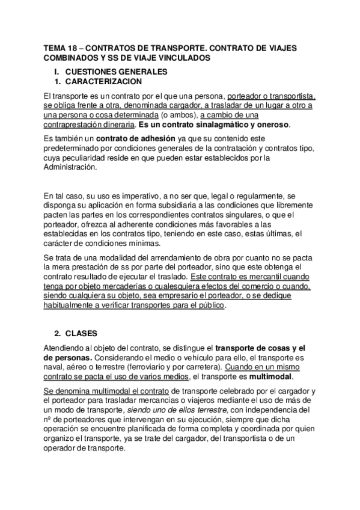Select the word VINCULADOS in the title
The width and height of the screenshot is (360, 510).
pyautogui.click(x=183, y=58)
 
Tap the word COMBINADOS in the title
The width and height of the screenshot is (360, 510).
pyautogui.click(x=71, y=58)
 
